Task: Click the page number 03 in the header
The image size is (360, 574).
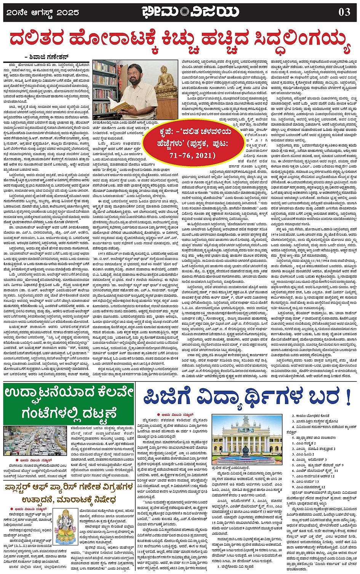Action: pyautogui.click(x=344, y=12)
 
